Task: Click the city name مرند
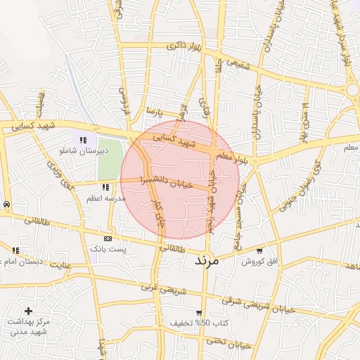(207, 260)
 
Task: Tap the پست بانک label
(107, 249)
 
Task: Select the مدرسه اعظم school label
(105, 198)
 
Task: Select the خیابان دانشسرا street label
(165, 181)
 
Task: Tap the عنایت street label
(64, 265)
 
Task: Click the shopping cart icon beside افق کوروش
(259, 250)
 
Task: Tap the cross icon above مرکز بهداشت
(28, 310)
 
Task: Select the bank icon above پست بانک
(108, 238)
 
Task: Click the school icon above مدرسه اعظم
(105, 187)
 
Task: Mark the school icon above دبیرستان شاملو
(84, 140)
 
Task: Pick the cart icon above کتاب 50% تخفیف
(199, 313)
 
